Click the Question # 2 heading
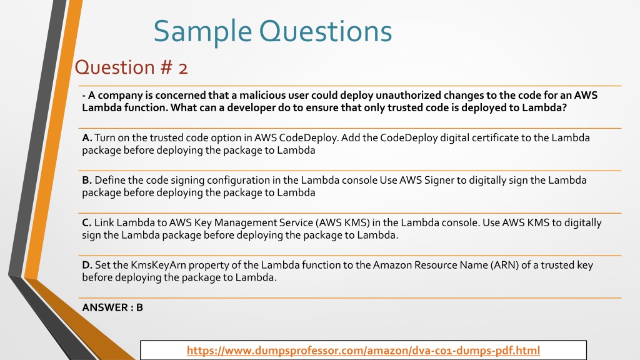tap(131, 67)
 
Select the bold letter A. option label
tap(87, 137)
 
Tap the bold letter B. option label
tap(87, 180)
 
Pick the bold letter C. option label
tap(87, 222)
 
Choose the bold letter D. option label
tap(87, 265)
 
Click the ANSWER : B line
tap(112, 307)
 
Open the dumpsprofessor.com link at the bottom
tap(363, 351)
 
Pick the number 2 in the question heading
tap(182, 67)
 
